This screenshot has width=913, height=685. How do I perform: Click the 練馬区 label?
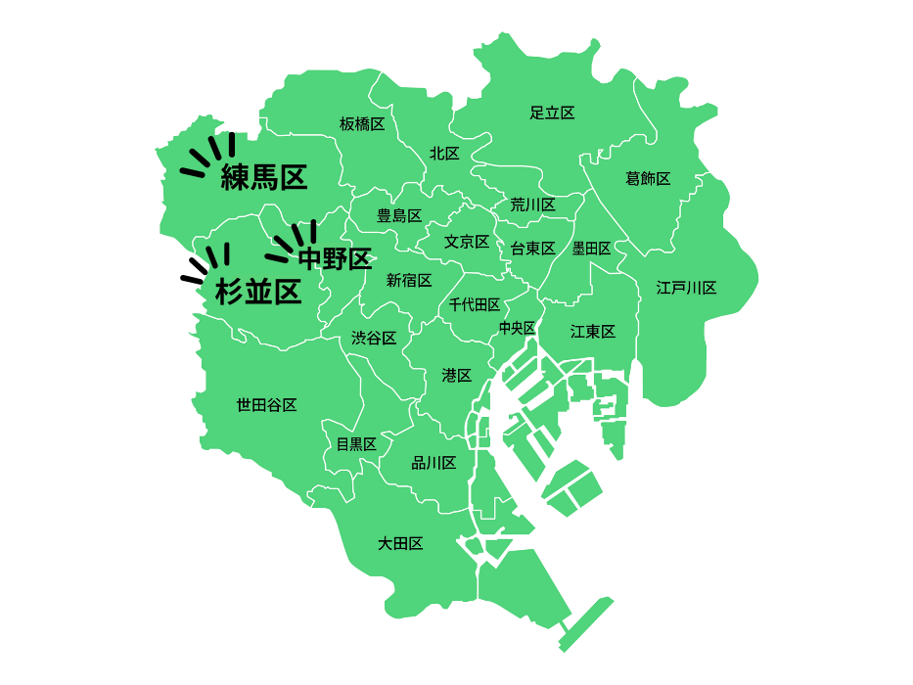[264, 177]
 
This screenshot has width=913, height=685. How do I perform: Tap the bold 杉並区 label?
[257, 292]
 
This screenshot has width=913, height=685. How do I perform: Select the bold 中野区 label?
[335, 259]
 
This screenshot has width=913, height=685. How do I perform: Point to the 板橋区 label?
[362, 124]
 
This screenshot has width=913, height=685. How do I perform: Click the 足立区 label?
[552, 113]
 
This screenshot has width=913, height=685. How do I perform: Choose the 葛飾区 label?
[648, 178]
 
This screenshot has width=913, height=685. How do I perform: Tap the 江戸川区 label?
[686, 288]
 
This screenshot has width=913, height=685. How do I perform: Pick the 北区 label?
[444, 154]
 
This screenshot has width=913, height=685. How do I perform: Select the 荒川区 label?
[532, 205]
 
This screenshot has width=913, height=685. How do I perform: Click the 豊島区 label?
[399, 215]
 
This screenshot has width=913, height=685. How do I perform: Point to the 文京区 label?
[466, 242]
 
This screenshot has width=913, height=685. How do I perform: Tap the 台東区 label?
[532, 249]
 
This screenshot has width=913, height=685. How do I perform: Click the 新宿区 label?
[409, 281]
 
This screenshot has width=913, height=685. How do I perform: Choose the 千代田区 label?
[475, 305]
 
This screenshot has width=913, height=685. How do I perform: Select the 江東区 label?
[593, 332]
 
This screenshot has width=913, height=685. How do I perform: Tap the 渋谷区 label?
[374, 339]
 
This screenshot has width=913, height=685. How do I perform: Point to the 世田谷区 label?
[266, 404]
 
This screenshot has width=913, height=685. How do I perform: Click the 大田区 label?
[400, 543]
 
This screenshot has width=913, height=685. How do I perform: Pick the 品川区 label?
[434, 463]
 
